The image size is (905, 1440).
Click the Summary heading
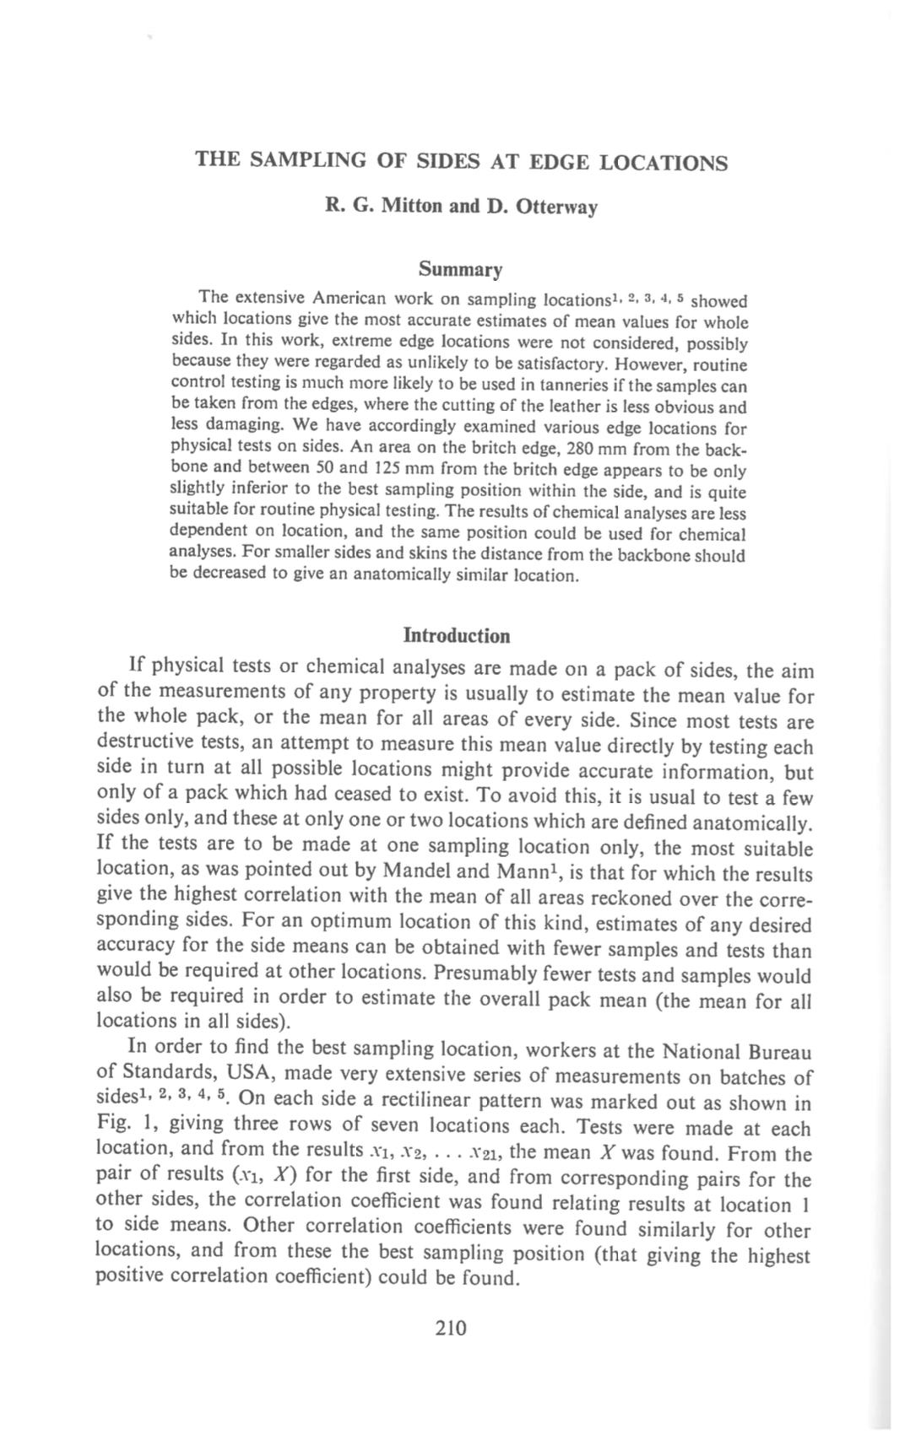pos(460,270)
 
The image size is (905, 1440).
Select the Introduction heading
pos(457,635)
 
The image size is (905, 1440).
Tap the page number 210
pos(451,1329)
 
